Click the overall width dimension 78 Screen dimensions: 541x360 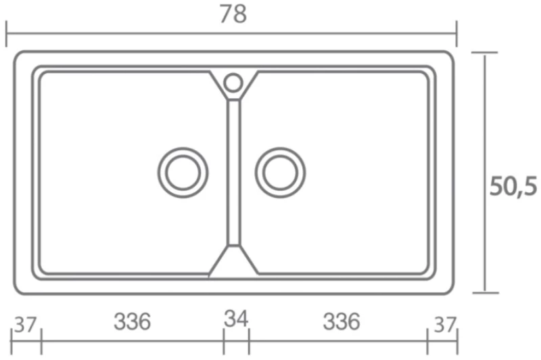coord(233,14)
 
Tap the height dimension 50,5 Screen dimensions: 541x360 coord(513,186)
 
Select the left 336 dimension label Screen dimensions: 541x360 coord(132,321)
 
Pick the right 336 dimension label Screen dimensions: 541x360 coord(342,321)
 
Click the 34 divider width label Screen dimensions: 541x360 coord(236,318)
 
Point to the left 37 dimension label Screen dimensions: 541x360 coord(24,325)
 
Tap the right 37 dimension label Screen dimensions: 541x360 coord(445,325)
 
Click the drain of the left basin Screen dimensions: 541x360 coord(183,173)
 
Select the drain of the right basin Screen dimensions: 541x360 coord(280,173)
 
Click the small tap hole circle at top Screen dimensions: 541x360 coord(233,83)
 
